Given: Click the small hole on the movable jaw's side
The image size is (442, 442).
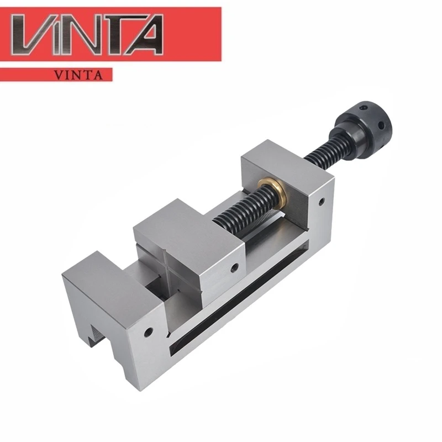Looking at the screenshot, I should point(235,269).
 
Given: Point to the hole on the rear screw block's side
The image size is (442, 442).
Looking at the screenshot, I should point(320,203).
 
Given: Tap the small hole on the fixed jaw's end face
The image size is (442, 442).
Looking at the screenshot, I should point(149,333).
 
